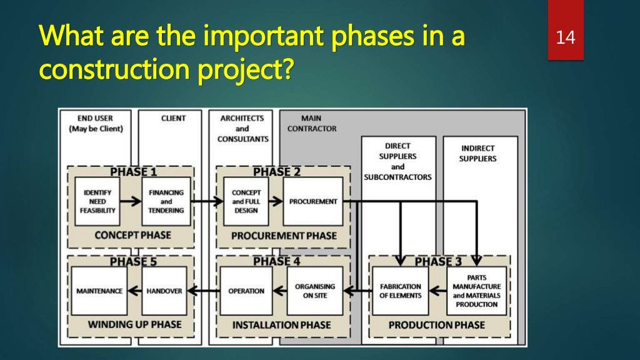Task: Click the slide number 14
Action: [x=565, y=38]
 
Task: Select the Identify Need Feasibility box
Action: [x=97, y=201]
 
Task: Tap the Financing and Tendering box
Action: [x=166, y=201]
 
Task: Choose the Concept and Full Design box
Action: [x=246, y=201]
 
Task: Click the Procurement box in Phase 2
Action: [x=312, y=201]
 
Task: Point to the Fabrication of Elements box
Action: [x=401, y=291]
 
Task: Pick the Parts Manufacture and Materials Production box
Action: [x=476, y=291]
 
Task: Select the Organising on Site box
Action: [x=315, y=291]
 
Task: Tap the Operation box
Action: [x=246, y=291]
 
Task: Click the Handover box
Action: [x=164, y=291]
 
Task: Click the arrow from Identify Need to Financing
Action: [x=130, y=201]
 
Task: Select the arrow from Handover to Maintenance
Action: [x=132, y=291]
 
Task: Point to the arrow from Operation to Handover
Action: [x=203, y=291]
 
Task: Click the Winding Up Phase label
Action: [x=134, y=324]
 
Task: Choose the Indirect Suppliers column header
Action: [x=479, y=153]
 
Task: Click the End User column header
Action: [x=96, y=123]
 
